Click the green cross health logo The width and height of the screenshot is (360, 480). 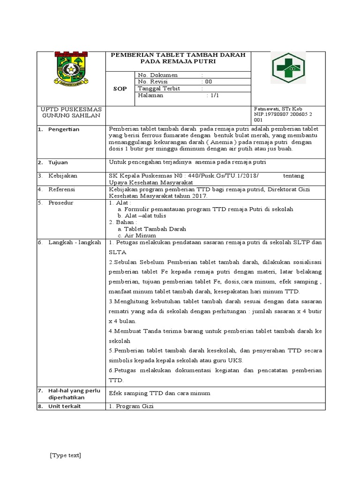[288, 68]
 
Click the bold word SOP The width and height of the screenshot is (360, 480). [120, 89]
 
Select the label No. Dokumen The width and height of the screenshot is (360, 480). [157, 75]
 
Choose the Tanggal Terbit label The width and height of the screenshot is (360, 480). [159, 88]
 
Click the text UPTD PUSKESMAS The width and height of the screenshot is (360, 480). [72, 109]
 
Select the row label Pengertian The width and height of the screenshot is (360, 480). [64, 129]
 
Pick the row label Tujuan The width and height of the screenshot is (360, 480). [58, 162]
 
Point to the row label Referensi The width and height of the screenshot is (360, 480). [62, 189]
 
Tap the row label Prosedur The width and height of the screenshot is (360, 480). [61, 202]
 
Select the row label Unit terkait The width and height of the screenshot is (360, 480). [64, 406]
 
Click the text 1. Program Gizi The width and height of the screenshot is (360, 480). [131, 406]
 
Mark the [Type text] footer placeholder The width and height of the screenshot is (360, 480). [65, 456]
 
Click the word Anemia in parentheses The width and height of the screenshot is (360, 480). [215, 142]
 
